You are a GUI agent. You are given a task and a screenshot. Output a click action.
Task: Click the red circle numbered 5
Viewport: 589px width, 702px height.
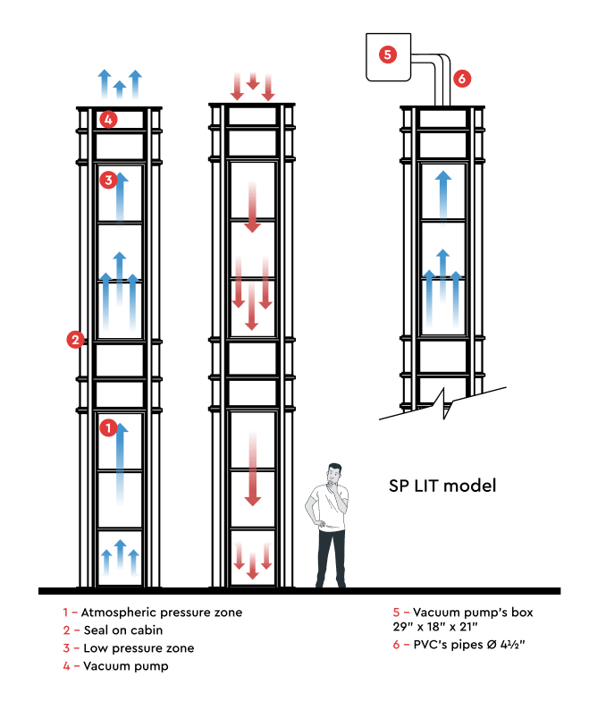(387, 55)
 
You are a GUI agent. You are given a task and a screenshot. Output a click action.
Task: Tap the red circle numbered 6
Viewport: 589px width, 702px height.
(461, 79)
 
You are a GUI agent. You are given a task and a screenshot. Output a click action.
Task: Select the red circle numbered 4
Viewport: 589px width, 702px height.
(107, 118)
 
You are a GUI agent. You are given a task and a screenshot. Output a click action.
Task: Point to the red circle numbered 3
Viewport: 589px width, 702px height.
(107, 181)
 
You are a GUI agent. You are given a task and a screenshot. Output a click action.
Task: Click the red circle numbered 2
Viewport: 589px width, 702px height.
(75, 339)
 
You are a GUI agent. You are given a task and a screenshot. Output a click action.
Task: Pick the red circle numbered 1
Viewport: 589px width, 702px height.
(107, 428)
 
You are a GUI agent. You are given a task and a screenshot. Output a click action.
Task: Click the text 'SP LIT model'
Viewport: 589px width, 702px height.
(442, 486)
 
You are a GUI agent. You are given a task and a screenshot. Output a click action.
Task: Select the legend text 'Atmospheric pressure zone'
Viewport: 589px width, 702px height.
(161, 613)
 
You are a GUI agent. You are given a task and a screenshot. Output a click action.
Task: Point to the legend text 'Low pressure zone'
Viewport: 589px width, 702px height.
(138, 648)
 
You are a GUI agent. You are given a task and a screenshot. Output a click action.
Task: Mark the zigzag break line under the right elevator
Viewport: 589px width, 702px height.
(442, 403)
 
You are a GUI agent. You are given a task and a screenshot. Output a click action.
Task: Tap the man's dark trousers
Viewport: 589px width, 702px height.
(330, 554)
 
